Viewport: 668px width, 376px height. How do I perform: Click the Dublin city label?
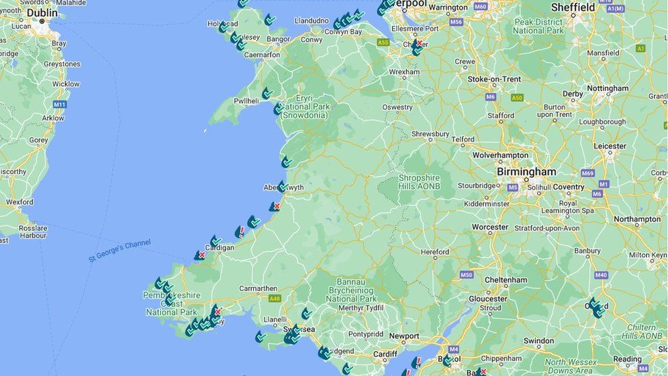(x=42, y=12)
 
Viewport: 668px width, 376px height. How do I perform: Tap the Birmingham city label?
(x=526, y=171)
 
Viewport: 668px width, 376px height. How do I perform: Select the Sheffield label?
(x=573, y=8)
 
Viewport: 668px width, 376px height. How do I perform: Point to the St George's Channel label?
(x=119, y=251)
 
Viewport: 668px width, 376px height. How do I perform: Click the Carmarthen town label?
(x=258, y=288)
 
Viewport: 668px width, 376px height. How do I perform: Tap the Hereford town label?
(x=435, y=252)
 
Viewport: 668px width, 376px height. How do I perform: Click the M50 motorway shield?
(x=466, y=275)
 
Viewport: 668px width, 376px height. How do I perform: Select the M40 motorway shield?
(x=601, y=275)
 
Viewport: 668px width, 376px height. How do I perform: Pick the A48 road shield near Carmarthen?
(x=274, y=299)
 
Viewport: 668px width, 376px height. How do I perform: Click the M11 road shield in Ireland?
(x=60, y=104)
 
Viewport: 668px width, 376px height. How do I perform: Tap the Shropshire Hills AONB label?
(x=420, y=182)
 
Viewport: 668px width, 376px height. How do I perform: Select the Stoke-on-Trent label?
(x=493, y=79)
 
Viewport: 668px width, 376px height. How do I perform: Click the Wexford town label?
(x=19, y=202)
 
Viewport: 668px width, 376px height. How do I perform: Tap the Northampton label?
(x=637, y=219)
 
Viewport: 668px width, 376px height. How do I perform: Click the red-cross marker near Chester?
(x=418, y=43)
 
